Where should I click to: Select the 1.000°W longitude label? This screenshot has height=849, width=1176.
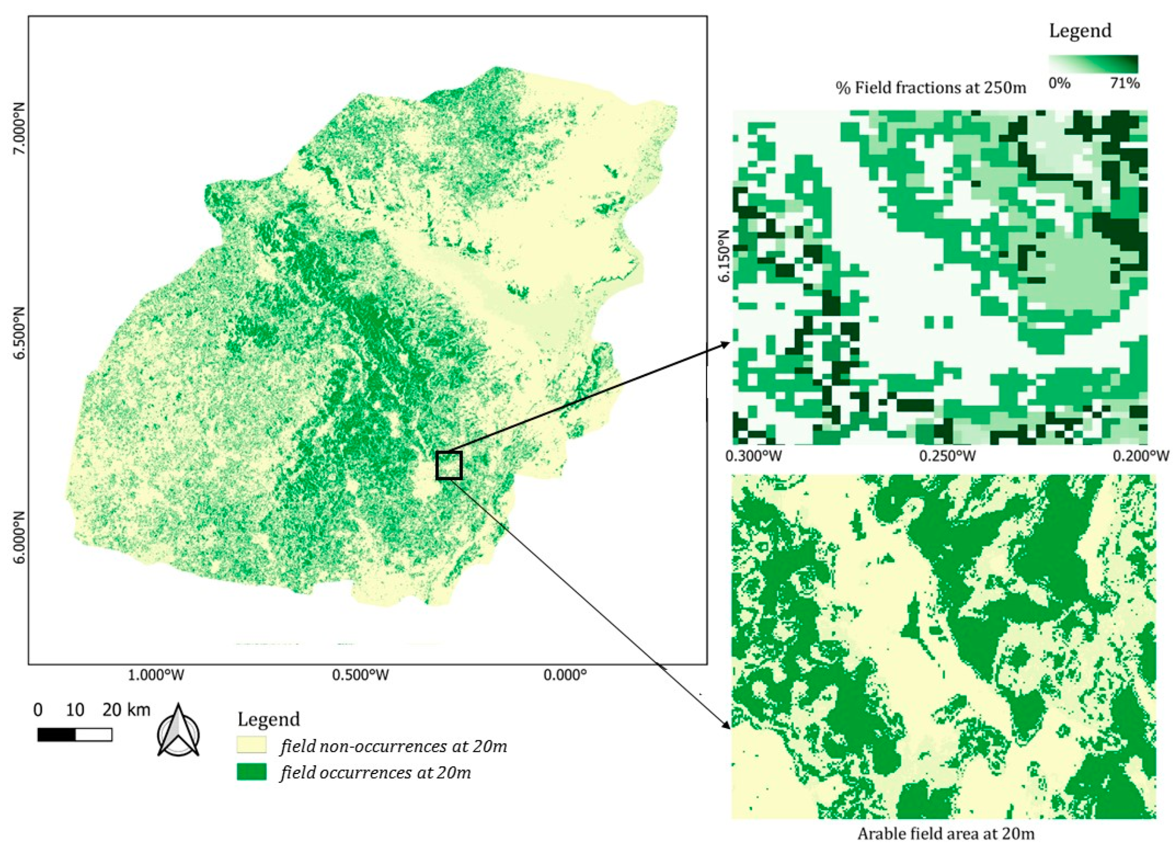[156, 675]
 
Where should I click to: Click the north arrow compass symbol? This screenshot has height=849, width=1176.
[178, 730]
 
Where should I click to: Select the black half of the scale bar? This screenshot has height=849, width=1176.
[56, 734]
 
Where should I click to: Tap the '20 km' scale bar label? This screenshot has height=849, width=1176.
[126, 709]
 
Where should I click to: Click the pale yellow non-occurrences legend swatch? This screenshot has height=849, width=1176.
[252, 745]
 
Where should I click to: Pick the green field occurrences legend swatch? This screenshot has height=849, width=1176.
[252, 772]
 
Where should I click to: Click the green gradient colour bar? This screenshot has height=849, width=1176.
[1093, 64]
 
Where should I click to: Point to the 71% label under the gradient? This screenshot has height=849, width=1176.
[1124, 83]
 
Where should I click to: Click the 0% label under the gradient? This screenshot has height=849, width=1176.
[1059, 83]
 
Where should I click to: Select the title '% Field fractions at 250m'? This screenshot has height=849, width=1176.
[931, 88]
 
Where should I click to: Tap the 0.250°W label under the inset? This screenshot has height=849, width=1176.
[947, 456]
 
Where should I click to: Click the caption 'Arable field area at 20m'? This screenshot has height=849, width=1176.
[945, 834]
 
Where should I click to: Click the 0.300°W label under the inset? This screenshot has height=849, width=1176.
[753, 456]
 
